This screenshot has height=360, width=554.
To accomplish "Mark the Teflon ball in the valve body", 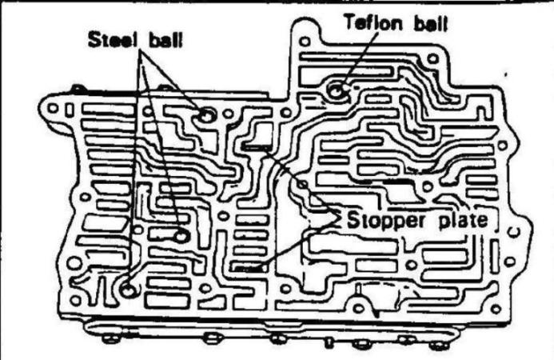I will [x=337, y=91].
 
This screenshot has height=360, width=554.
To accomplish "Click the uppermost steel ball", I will [x=206, y=115].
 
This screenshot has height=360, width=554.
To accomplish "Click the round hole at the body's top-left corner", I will [x=54, y=106].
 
